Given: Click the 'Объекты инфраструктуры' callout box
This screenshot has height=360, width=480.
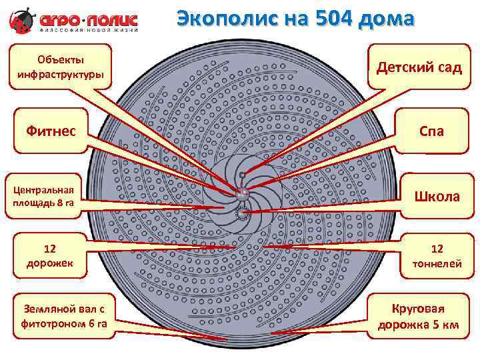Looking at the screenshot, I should (60, 67).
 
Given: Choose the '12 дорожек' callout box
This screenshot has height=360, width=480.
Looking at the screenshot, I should (50, 255).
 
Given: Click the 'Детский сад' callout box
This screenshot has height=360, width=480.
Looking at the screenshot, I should (419, 67).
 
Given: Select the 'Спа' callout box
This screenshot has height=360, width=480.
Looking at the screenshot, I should (431, 131).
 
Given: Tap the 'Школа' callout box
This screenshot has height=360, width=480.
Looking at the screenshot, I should (437, 196).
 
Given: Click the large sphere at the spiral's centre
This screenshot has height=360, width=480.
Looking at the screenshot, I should (241, 192).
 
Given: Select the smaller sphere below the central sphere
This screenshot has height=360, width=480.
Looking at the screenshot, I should (241, 213).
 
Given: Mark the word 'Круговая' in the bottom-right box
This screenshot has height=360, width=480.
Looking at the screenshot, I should (418, 309).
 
